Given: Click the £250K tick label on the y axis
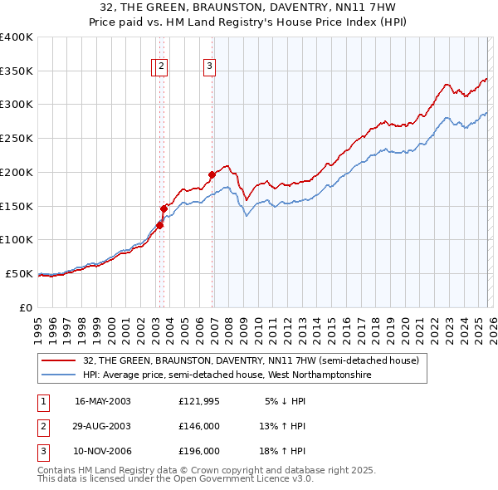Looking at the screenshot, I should tap(17, 139).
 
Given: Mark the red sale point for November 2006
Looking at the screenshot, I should tap(212, 174).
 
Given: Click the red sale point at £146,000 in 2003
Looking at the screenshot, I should tap(164, 208).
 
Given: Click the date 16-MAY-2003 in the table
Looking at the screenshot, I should tap(102, 401).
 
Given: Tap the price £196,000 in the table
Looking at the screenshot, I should tap(199, 451).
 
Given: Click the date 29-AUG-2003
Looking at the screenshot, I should tap(102, 426).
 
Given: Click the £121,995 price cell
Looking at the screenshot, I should tap(199, 401).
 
